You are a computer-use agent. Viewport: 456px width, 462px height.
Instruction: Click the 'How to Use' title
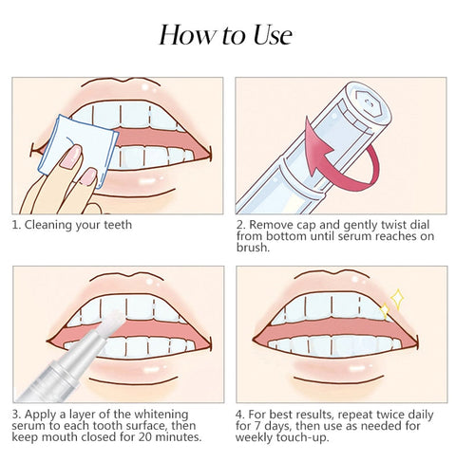(x=226, y=35)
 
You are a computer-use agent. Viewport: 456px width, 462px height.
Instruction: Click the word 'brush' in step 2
(x=254, y=249)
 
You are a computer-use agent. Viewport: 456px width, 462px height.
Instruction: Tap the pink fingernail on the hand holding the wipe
(x=70, y=157)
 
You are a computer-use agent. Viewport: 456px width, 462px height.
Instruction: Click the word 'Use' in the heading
(x=264, y=35)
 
